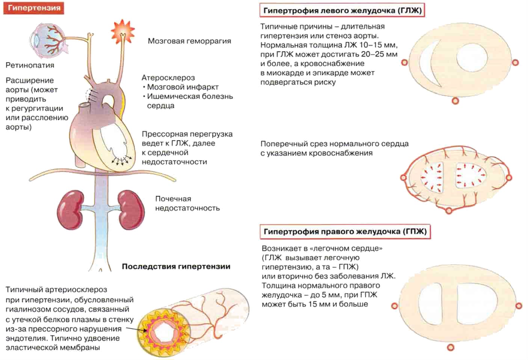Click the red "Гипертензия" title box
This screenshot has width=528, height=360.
[34, 8]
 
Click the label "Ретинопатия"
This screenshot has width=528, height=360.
[30, 65]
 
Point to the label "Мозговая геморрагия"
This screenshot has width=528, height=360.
[189, 41]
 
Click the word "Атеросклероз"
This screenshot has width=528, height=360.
[168, 77]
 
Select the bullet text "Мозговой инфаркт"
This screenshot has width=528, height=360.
[183, 87]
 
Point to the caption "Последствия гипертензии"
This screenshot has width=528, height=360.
[176, 266]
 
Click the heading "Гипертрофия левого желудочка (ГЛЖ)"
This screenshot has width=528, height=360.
[342, 11]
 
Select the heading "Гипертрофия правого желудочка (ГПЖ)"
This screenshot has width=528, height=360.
[345, 231]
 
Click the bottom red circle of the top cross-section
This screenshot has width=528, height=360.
[455, 100]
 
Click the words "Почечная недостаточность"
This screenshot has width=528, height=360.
[187, 203]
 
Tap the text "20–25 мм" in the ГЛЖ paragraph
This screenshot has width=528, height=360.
[379, 54]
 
